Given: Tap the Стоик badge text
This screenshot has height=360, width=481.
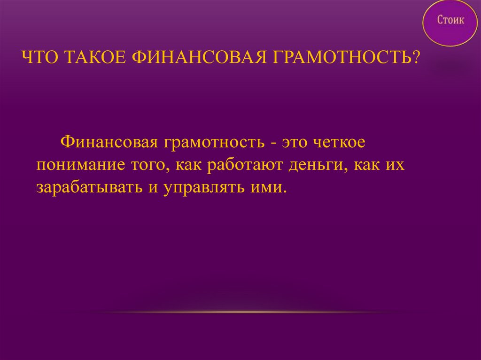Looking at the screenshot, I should [451, 20].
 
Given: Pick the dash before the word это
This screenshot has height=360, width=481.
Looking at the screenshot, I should [272, 143].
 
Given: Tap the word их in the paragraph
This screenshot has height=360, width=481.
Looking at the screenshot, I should [396, 165].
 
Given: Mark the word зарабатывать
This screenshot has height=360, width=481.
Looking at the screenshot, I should [88, 188].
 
